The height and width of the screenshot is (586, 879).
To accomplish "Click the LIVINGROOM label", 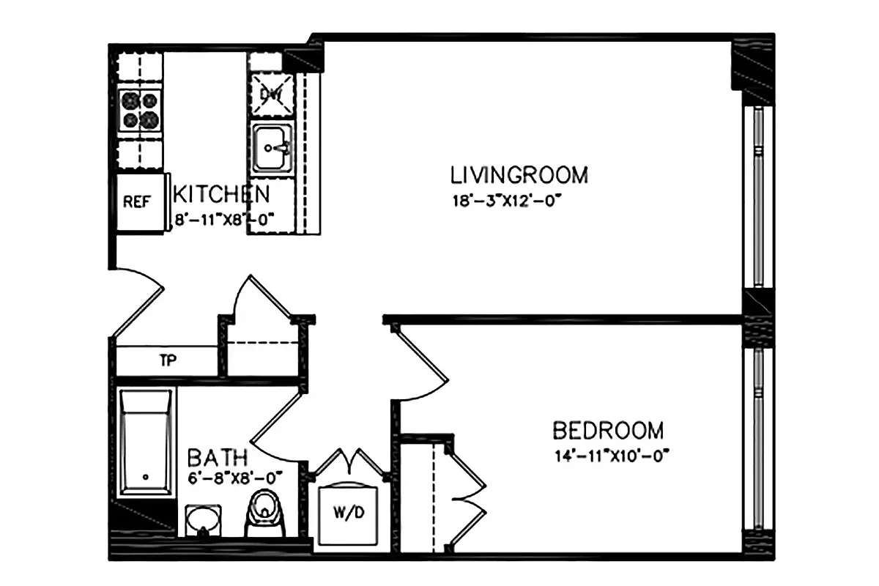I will tap(519, 176).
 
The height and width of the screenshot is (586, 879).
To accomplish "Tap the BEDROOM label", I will tap(608, 430).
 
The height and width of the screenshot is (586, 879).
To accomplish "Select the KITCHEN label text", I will tap(221, 195).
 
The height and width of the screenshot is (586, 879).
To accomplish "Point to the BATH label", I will tap(217, 459).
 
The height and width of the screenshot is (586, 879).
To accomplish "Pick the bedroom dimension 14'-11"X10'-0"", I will tap(612, 455).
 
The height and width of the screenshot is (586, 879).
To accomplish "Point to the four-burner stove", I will tap(140, 110).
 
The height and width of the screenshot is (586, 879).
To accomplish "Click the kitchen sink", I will tap(272, 147).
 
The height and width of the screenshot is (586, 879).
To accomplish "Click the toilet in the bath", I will tap(264, 513).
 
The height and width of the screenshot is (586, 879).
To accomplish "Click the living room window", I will tap(758, 198).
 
